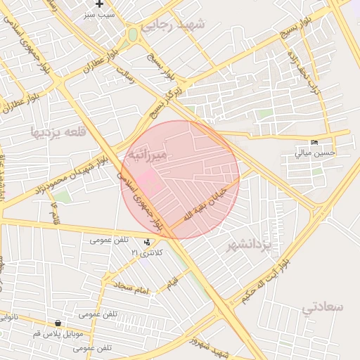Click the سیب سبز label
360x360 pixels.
(x=99, y=14)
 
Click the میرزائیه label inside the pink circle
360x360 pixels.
(x=147, y=153)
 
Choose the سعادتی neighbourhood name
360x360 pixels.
(x=323, y=307)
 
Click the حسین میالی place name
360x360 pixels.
(x=314, y=151)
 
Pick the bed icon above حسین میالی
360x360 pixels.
(x=314, y=141)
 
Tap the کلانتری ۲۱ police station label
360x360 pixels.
(x=147, y=252)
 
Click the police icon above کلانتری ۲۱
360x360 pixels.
(x=147, y=242)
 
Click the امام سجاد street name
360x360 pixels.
(x=132, y=288)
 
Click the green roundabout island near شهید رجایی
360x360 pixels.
(x=132, y=34)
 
